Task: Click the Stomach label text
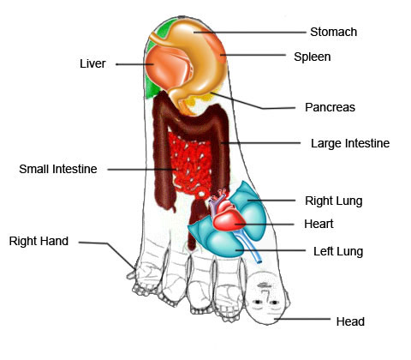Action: (x=333, y=32)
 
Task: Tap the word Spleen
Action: (x=313, y=57)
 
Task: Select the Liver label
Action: (x=92, y=63)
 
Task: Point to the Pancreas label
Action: (x=330, y=107)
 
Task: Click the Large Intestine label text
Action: (x=350, y=143)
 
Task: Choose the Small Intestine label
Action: (x=58, y=169)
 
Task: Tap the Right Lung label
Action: (x=334, y=201)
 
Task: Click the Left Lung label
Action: (x=338, y=252)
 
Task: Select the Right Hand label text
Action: (x=39, y=241)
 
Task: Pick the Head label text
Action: (x=350, y=321)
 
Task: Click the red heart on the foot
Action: (x=228, y=217)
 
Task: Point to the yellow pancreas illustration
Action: (x=200, y=100)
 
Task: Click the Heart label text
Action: (x=319, y=224)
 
